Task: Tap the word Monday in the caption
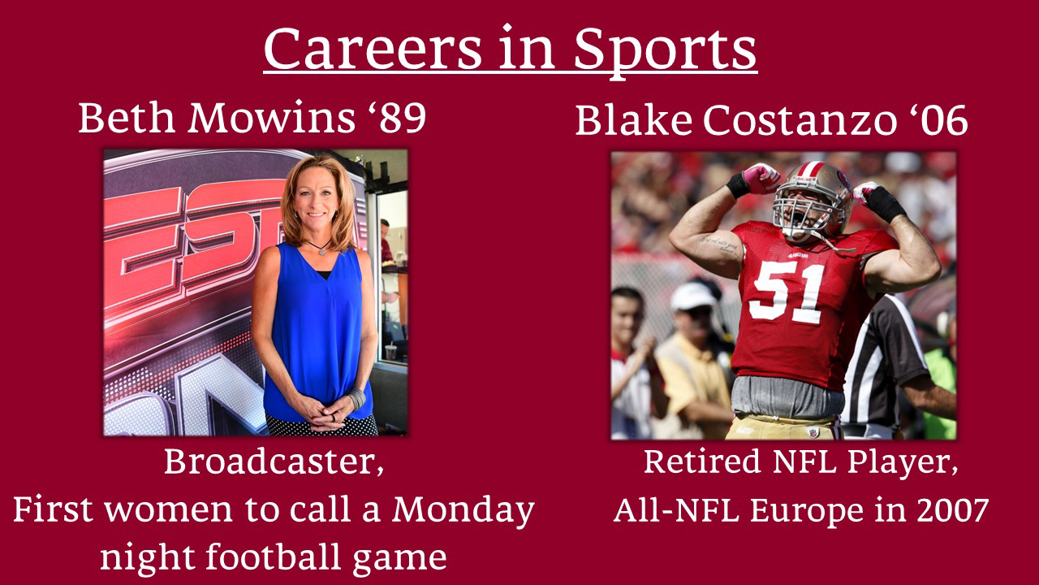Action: (463, 510)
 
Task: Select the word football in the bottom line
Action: (274, 557)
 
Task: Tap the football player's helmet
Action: (813, 200)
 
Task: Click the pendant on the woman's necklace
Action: (322, 252)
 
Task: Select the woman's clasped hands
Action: (327, 412)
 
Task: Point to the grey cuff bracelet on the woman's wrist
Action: (356, 398)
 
